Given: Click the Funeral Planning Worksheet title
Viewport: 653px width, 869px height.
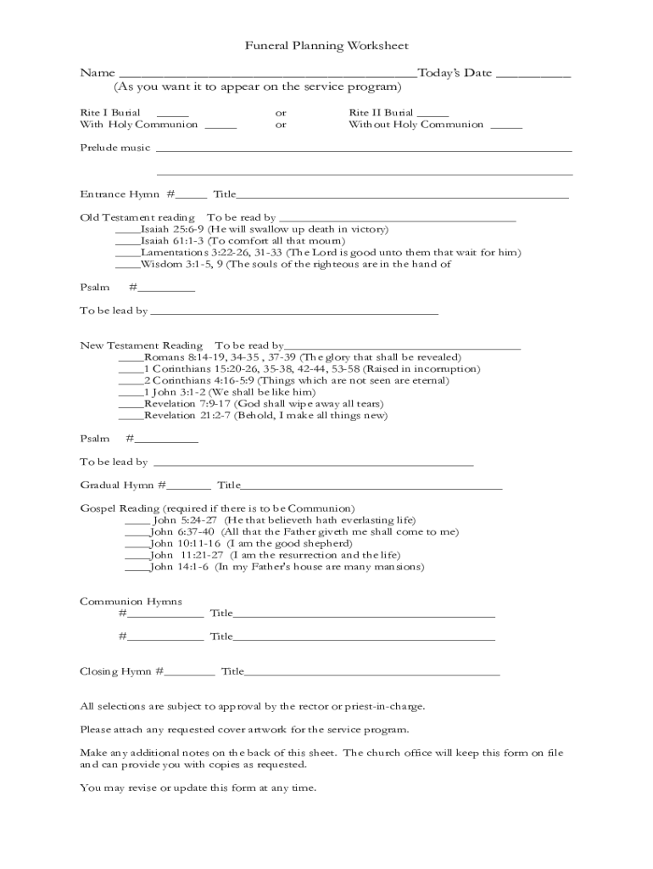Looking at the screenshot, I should tap(326, 46).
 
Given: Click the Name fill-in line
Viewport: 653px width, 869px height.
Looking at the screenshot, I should tap(267, 75).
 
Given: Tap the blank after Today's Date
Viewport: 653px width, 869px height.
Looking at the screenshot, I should tap(533, 75).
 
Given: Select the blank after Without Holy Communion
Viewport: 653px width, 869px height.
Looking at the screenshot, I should tap(506, 126).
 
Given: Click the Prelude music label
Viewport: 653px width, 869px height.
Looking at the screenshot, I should tap(114, 148).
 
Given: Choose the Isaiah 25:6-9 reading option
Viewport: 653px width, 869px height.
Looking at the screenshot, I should tap(264, 229).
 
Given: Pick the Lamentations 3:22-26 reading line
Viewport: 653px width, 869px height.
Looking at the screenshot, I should tap(330, 252).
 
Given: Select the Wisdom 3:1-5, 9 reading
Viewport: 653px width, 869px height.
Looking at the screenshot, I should tap(295, 264).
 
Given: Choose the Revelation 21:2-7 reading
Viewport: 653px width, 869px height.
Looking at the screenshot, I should tap(265, 416).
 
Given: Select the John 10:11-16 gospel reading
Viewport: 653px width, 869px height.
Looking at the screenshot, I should tap(251, 543).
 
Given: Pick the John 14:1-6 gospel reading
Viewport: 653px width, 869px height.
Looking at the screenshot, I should tap(287, 566).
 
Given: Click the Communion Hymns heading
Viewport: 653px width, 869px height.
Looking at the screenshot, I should tap(131, 602).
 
